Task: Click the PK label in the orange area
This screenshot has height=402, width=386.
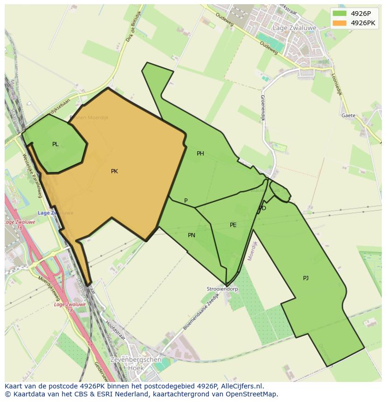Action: (114, 171)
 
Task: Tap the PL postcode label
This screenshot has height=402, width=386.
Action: (55, 144)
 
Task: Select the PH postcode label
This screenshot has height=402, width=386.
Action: (200, 154)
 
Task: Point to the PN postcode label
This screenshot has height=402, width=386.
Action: (191, 235)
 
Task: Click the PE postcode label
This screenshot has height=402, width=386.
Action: (233, 225)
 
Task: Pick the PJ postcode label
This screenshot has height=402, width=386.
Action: (305, 278)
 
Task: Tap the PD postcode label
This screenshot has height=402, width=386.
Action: (262, 208)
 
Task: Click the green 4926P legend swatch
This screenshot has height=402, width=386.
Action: (339, 14)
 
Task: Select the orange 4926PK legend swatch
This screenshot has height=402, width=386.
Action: (339, 23)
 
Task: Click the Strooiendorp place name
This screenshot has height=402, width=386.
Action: (222, 289)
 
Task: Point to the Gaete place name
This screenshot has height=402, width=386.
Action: (348, 115)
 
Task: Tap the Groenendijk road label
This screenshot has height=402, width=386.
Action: (262, 108)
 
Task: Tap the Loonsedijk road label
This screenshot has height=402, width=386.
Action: (337, 84)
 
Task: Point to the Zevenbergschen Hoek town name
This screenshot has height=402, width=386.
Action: (136, 364)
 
